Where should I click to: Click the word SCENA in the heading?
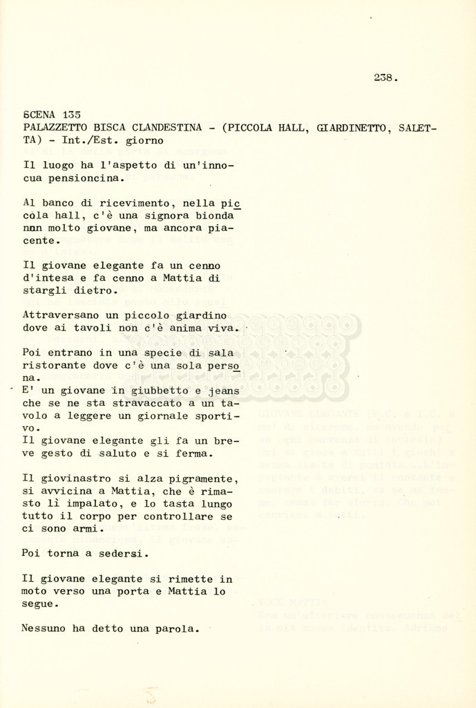39,115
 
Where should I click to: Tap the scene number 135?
71,115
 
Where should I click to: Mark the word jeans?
223,391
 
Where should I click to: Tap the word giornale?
151,416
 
